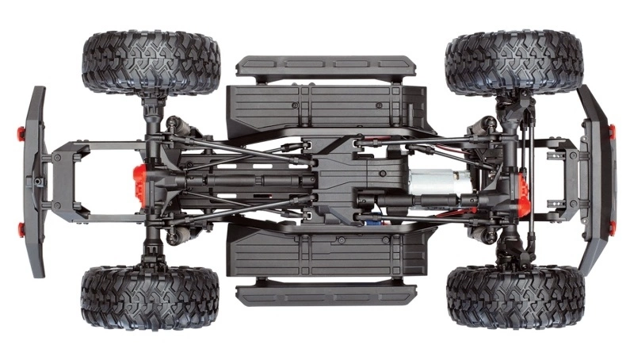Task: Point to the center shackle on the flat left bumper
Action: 39,182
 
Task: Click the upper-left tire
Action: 151,63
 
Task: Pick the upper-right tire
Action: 514,63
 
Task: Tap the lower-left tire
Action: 150,297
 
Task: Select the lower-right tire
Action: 514,297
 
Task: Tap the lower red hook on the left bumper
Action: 22,231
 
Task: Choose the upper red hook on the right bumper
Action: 611,131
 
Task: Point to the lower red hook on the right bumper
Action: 611,228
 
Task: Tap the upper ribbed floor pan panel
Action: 317,101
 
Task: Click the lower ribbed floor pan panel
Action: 317,255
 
